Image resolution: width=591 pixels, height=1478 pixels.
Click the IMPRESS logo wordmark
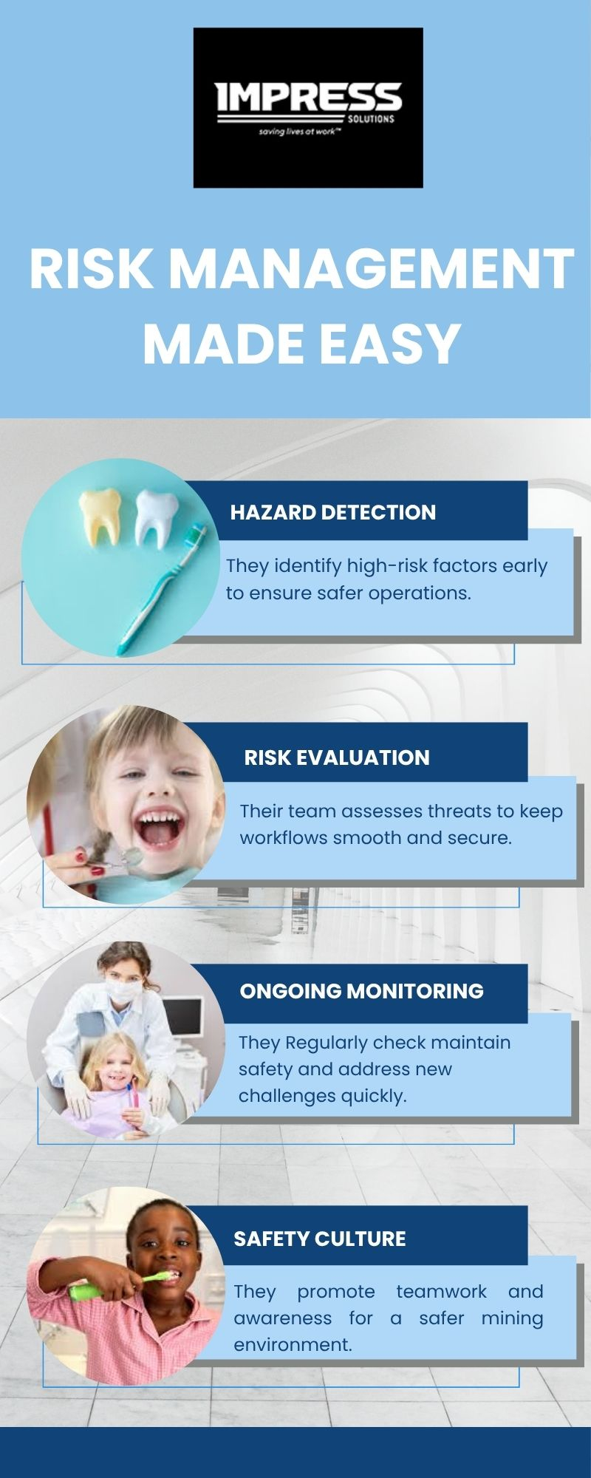tap(308, 98)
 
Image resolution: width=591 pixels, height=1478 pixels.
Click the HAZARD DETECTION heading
tap(333, 512)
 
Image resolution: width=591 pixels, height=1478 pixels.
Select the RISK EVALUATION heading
tap(337, 757)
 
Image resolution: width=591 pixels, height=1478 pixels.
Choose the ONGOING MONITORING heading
tap(362, 991)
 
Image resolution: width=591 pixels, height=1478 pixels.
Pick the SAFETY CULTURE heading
tap(320, 1239)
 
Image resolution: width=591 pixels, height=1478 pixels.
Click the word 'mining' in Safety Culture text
tap(512, 1318)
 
